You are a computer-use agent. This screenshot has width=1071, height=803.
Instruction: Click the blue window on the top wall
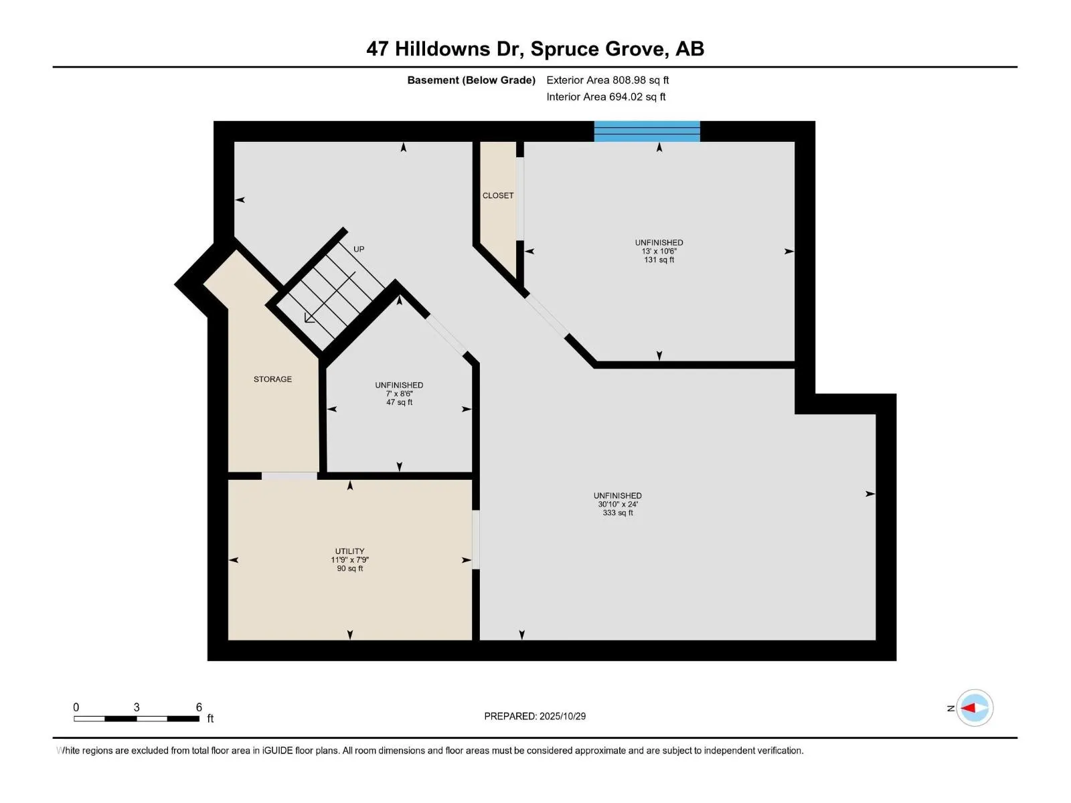(x=647, y=131)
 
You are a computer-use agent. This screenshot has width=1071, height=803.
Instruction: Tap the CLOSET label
(x=498, y=195)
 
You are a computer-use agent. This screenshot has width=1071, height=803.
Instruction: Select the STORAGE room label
(x=272, y=379)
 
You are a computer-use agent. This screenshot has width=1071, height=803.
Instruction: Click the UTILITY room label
(x=349, y=551)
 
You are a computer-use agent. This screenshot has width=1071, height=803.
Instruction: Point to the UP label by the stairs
(x=359, y=249)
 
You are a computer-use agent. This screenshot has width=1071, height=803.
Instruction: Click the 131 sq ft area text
(x=659, y=260)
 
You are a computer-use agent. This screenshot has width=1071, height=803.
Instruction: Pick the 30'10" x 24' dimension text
(x=618, y=505)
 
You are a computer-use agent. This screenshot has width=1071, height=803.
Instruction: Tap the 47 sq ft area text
(x=399, y=403)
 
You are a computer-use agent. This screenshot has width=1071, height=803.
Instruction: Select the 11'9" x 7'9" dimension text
(x=349, y=560)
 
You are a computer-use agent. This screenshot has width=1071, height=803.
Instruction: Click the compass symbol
(x=974, y=707)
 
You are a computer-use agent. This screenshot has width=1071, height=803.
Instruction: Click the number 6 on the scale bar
(x=199, y=707)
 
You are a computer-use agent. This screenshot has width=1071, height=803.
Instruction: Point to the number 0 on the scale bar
(x=76, y=707)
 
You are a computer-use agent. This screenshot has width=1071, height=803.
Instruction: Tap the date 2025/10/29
(x=562, y=716)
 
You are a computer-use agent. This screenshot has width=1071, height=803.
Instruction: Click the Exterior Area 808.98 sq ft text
(x=607, y=80)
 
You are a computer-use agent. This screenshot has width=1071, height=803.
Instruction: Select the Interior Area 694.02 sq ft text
(x=606, y=97)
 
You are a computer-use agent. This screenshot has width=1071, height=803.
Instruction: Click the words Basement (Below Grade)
(x=471, y=80)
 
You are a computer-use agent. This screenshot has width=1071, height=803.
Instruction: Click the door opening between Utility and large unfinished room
(x=476, y=539)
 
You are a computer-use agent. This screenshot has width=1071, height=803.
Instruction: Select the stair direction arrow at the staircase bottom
(x=309, y=318)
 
